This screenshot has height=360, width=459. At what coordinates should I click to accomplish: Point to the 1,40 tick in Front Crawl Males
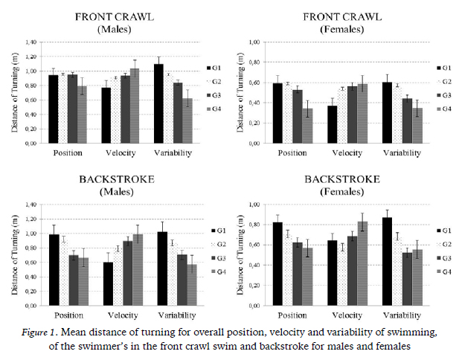pyautogui.click(x=30, y=42)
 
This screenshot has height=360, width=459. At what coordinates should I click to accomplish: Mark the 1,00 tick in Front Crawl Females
pyautogui.click(x=254, y=42)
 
